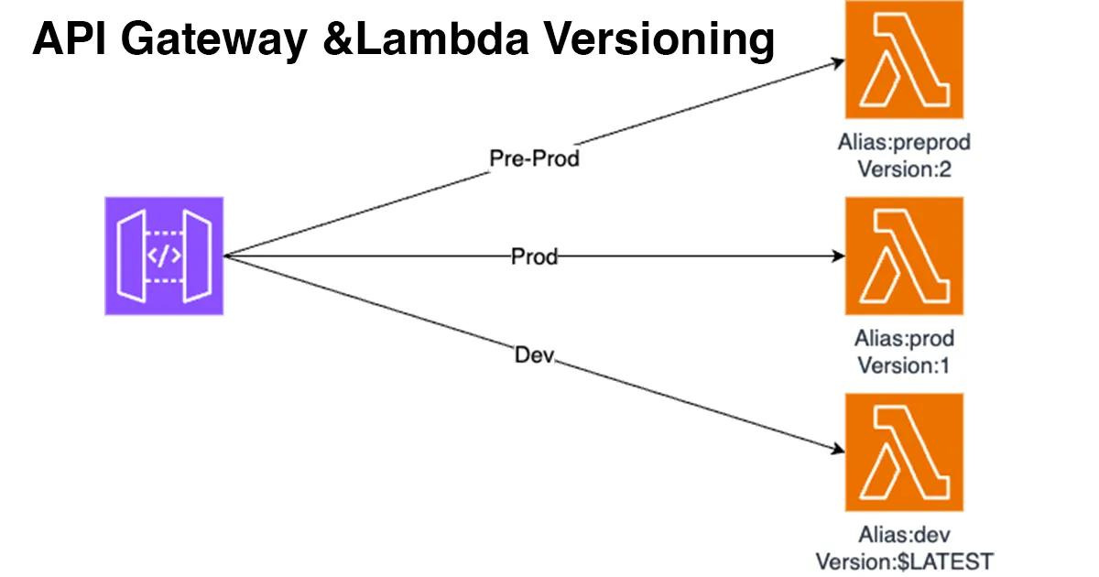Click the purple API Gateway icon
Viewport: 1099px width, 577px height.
164,256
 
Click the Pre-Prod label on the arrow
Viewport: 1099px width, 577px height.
535,158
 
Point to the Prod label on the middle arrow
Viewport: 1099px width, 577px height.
534,257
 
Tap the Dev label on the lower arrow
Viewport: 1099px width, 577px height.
535,354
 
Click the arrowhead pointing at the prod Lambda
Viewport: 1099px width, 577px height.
839,257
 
